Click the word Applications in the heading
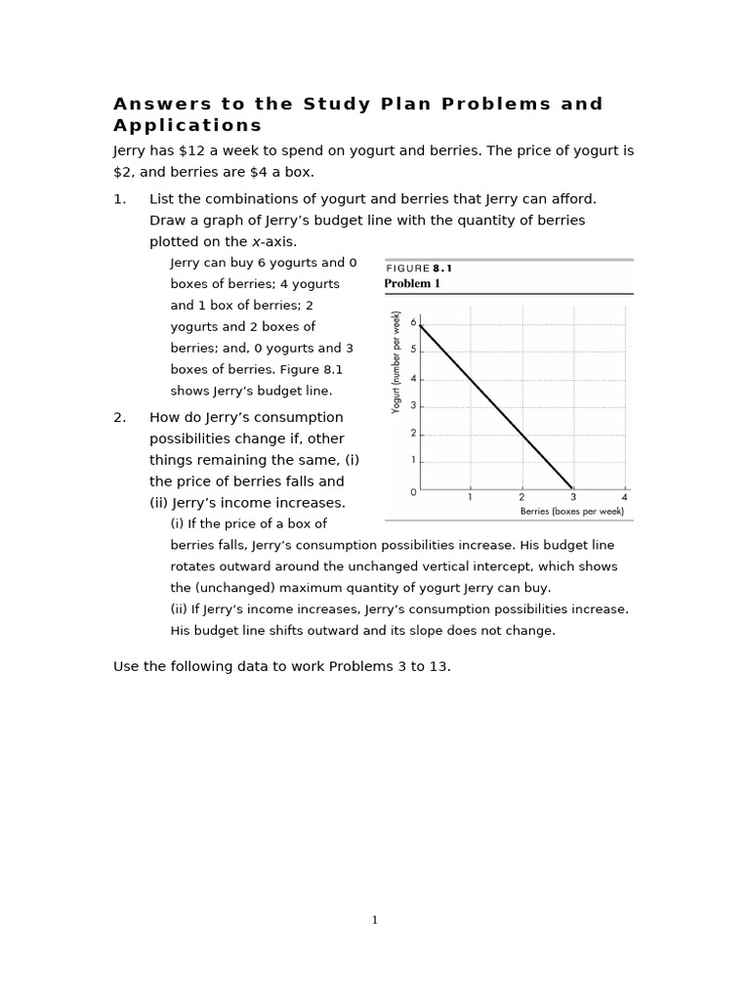(187, 125)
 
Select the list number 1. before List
(120, 199)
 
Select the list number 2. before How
(120, 418)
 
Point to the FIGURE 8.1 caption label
(419, 269)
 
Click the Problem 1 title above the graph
(412, 284)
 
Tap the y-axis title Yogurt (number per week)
(396, 362)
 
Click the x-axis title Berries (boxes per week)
(571, 511)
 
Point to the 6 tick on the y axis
(413, 322)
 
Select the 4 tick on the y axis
(413, 379)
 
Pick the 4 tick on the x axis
(624, 497)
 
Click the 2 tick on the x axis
(521, 497)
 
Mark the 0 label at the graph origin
(413, 492)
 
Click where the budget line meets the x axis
(573, 489)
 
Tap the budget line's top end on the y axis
(420, 325)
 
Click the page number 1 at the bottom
(374, 919)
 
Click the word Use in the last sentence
(127, 667)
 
